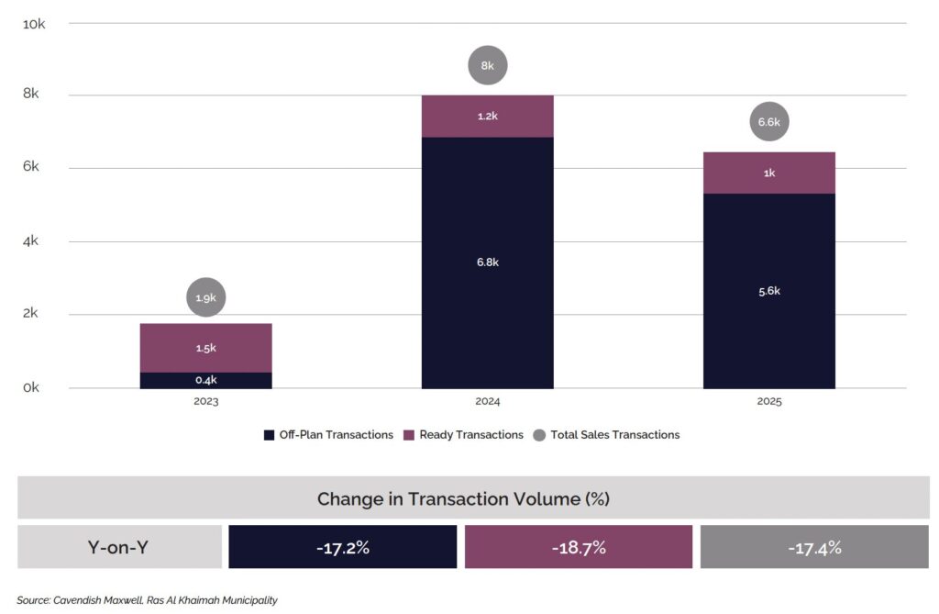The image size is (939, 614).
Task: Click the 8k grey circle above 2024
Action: click(x=487, y=66)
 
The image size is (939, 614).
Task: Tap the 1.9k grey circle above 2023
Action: click(x=205, y=297)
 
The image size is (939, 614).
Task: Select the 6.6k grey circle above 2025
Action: click(x=768, y=121)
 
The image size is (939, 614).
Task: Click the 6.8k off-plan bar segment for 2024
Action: click(x=487, y=262)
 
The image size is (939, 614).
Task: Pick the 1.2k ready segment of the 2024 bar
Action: click(x=487, y=117)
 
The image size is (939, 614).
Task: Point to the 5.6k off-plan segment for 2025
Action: click(x=768, y=291)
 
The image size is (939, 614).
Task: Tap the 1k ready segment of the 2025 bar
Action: click(x=768, y=173)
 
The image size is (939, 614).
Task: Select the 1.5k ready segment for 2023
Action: click(x=205, y=348)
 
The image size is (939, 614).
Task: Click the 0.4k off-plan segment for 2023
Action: click(x=205, y=380)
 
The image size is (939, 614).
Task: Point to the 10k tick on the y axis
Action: click(x=34, y=24)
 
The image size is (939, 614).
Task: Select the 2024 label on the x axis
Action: click(x=487, y=402)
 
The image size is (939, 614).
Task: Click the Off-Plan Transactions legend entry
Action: click(x=328, y=435)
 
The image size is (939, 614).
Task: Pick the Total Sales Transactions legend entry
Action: click(x=607, y=435)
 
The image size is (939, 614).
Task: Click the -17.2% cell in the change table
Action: click(x=342, y=548)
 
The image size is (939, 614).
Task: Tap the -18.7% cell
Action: click(x=579, y=548)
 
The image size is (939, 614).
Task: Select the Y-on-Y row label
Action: click(x=119, y=548)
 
